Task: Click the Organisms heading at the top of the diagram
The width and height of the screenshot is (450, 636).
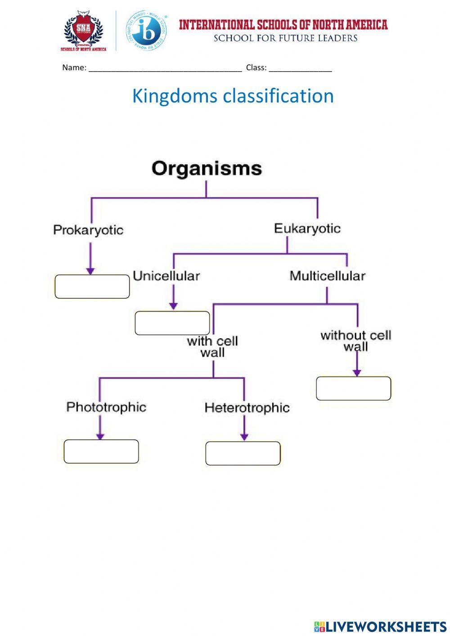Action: click(x=207, y=169)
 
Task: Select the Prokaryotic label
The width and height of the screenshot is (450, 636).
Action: click(x=88, y=230)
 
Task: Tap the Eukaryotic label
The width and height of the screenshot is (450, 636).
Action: click(x=307, y=228)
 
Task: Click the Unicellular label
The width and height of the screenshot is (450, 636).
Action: click(x=166, y=276)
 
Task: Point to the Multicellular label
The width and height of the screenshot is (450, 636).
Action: click(x=327, y=276)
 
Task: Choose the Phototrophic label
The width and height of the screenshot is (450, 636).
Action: click(x=106, y=407)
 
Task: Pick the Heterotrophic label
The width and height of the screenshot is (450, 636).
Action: click(x=247, y=408)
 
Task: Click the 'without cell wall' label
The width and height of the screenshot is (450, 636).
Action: click(x=355, y=341)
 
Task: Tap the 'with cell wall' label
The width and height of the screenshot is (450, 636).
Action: click(x=212, y=347)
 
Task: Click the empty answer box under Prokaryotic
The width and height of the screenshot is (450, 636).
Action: click(x=92, y=287)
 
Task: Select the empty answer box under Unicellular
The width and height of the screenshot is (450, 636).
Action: click(x=172, y=323)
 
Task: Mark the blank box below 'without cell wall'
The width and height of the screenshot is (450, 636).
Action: click(x=353, y=389)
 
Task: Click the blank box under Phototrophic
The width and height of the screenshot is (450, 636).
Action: click(x=101, y=452)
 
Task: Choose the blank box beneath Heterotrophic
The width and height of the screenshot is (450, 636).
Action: click(x=243, y=453)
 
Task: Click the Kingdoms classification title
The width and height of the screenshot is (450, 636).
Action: click(x=233, y=96)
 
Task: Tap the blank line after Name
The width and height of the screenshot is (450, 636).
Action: click(x=165, y=68)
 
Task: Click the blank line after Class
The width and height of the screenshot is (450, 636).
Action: click(x=300, y=68)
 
